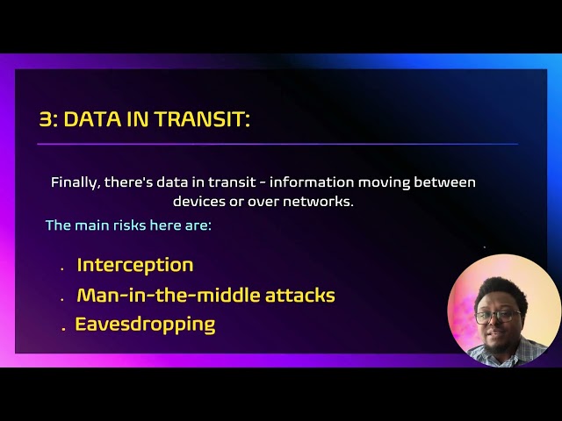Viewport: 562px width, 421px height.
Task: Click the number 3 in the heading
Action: click(45, 119)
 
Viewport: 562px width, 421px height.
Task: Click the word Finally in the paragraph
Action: click(74, 182)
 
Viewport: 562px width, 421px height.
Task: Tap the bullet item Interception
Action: click(134, 265)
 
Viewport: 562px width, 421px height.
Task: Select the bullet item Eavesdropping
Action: click(145, 325)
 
